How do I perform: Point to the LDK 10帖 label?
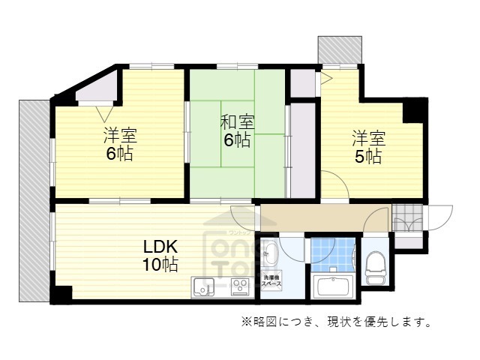[160, 255]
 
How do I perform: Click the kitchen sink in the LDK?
[202, 286]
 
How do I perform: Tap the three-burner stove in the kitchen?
[241, 286]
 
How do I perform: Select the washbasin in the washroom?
[271, 254]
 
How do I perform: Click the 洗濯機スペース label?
[271, 283]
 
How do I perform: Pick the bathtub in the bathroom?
[333, 287]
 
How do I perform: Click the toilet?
[375, 268]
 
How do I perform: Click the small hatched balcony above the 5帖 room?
[340, 50]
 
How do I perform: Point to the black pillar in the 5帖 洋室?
[413, 111]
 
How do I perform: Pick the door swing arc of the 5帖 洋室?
[334, 186]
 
